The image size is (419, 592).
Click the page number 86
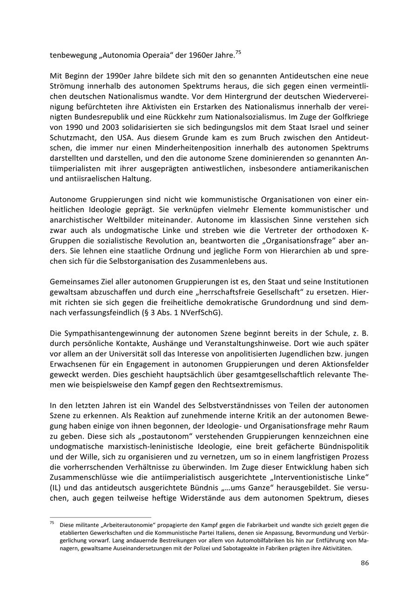pos(365,563)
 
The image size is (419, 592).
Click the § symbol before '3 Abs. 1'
pos(145,313)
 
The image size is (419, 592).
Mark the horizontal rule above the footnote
pos(101,517)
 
